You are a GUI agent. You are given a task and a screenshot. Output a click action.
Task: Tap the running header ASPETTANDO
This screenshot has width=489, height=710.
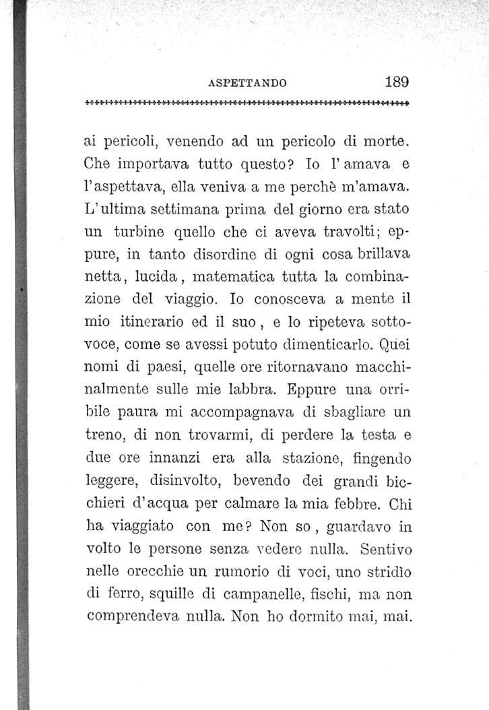coord(249,84)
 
